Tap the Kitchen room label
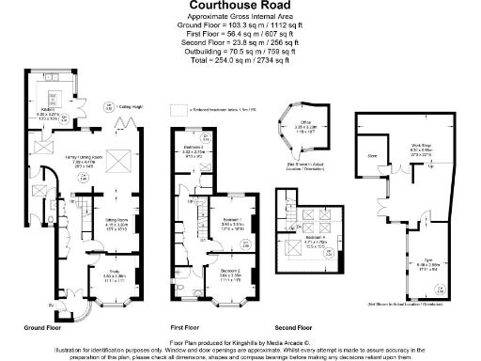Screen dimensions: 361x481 click(59, 110)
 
